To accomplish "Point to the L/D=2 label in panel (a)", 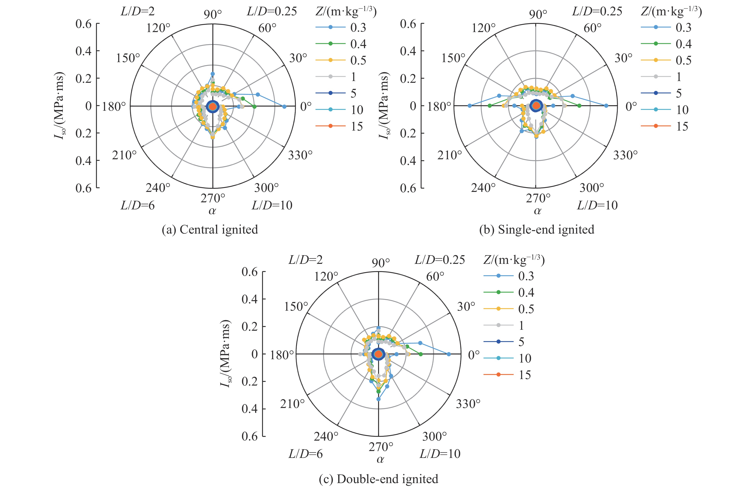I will click(x=138, y=12).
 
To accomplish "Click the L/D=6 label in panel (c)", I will click(x=305, y=454).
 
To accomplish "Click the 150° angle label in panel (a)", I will click(x=128, y=58).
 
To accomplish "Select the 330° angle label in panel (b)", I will click(x=625, y=155).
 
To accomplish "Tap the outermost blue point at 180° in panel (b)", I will click(x=469, y=106).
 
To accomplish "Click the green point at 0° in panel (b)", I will click(x=579, y=106).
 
